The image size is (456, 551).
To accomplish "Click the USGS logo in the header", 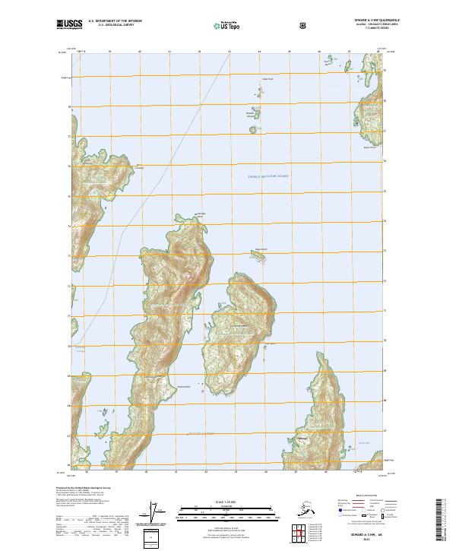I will pos(69,24).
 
